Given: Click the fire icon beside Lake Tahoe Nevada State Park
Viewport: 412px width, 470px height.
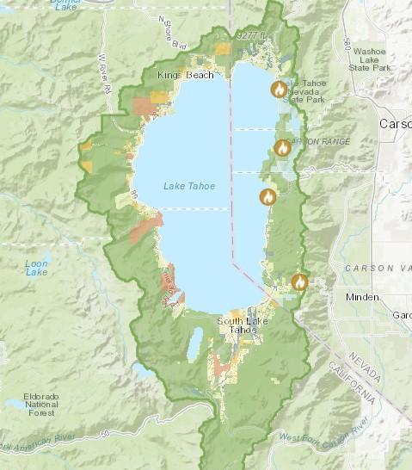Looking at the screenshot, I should (279, 89).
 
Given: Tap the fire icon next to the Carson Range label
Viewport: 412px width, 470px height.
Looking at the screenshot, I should (282, 147).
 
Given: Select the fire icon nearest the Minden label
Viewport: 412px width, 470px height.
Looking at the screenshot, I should (299, 281).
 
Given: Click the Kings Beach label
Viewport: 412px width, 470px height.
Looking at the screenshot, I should (181, 76).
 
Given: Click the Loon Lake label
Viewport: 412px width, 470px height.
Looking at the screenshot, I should (36, 268).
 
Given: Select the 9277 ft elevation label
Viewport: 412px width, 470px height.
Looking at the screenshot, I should (252, 35).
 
